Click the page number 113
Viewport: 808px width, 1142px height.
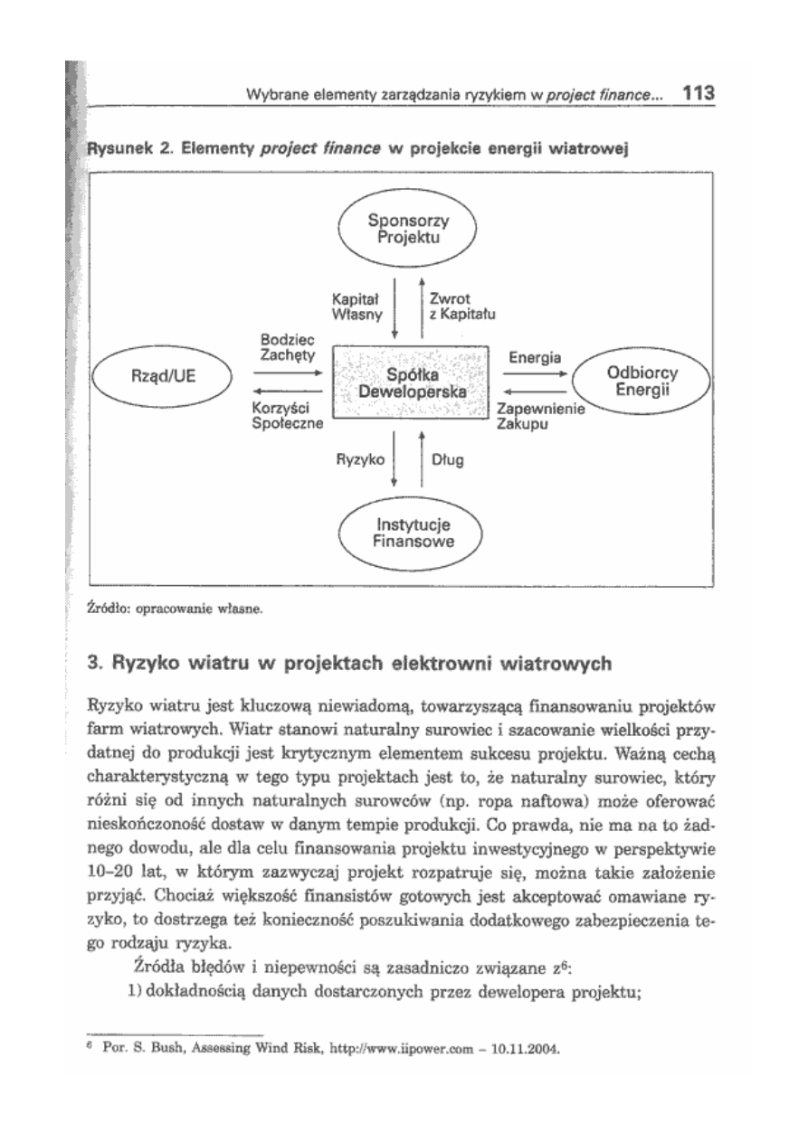[699, 91]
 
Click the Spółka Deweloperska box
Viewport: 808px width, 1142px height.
[412, 383]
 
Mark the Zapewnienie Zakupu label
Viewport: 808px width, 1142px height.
[541, 418]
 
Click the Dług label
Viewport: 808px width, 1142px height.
[449, 459]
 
